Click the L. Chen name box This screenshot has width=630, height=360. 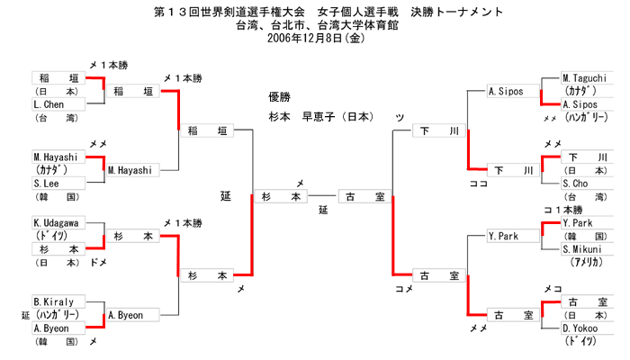(56, 104)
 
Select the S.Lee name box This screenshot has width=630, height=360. (56, 183)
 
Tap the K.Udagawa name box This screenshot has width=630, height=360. (56, 222)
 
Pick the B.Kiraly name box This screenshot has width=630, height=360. (56, 301)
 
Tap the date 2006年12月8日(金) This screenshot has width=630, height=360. (315, 39)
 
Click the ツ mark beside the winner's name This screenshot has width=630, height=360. (399, 118)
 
